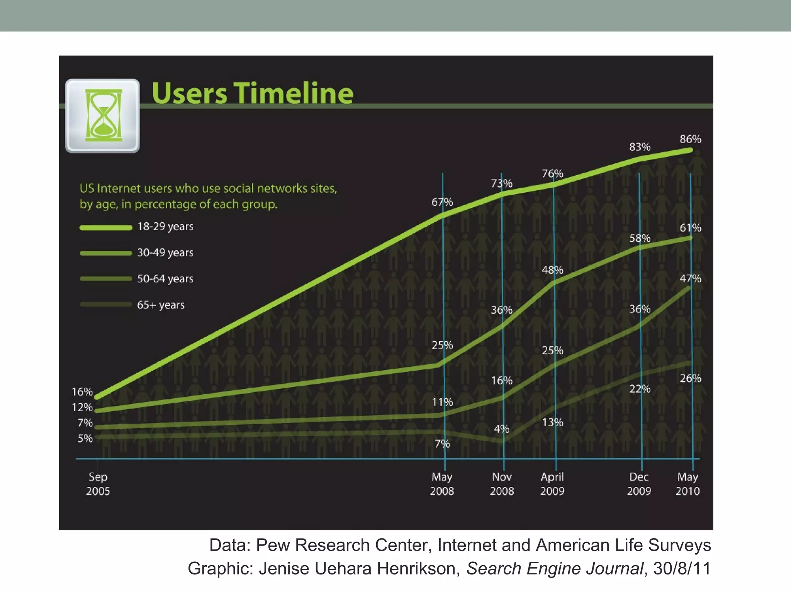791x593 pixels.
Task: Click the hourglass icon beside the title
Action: (x=103, y=115)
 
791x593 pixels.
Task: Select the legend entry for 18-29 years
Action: (x=165, y=227)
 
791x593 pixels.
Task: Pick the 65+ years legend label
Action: (x=161, y=305)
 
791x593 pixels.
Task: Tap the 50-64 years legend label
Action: (x=165, y=279)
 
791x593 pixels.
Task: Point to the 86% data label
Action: (x=690, y=139)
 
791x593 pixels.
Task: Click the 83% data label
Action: (x=640, y=147)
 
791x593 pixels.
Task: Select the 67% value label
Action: (x=442, y=202)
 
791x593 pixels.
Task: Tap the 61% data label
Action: (x=690, y=228)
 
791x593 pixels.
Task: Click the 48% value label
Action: (x=552, y=270)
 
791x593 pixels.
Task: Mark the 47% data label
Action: (x=690, y=278)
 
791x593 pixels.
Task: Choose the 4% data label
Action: (x=501, y=429)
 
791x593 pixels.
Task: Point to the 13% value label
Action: (x=552, y=422)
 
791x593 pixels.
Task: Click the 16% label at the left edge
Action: (x=82, y=392)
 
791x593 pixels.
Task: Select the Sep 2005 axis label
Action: (x=98, y=484)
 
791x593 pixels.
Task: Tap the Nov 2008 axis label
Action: (x=502, y=484)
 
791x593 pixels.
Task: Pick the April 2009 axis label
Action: (x=552, y=484)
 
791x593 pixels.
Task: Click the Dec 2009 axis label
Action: (x=639, y=484)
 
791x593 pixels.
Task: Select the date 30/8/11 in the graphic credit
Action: (x=682, y=569)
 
